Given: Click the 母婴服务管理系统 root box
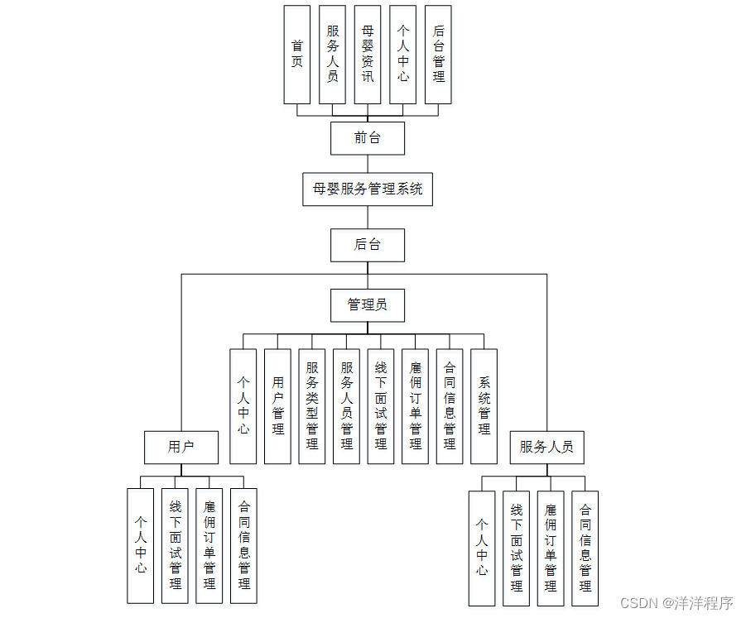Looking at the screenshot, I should point(368,189).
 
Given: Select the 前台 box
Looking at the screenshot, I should point(368,138).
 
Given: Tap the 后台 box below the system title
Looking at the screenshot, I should point(368,245).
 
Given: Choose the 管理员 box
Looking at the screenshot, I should point(368,304).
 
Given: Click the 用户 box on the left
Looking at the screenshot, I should point(181,447).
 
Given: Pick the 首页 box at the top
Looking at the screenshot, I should point(297,55).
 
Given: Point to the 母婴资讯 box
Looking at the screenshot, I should point(368,55).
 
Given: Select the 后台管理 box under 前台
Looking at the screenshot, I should point(438,55).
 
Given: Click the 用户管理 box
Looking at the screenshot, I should point(277,405).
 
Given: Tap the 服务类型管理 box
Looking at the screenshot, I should point(312,405).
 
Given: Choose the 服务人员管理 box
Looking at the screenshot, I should point(347,405).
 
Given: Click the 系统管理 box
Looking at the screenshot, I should point(484,405).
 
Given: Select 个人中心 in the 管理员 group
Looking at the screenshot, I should point(243,405).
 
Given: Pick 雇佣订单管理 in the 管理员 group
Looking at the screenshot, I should point(416,405).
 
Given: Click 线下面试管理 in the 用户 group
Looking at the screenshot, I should point(175,546).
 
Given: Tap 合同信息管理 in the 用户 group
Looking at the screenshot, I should point(244,546).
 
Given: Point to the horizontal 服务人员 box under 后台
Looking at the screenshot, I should point(546,447).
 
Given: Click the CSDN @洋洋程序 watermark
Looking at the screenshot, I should point(676,603).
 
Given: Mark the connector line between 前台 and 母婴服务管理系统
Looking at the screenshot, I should point(368,164).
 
